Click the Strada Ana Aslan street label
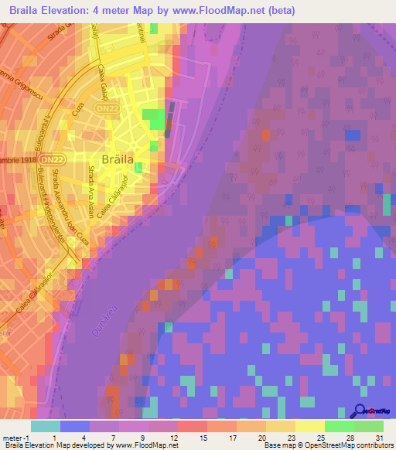[x=92, y=191]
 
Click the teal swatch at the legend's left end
[x=45, y=426]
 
